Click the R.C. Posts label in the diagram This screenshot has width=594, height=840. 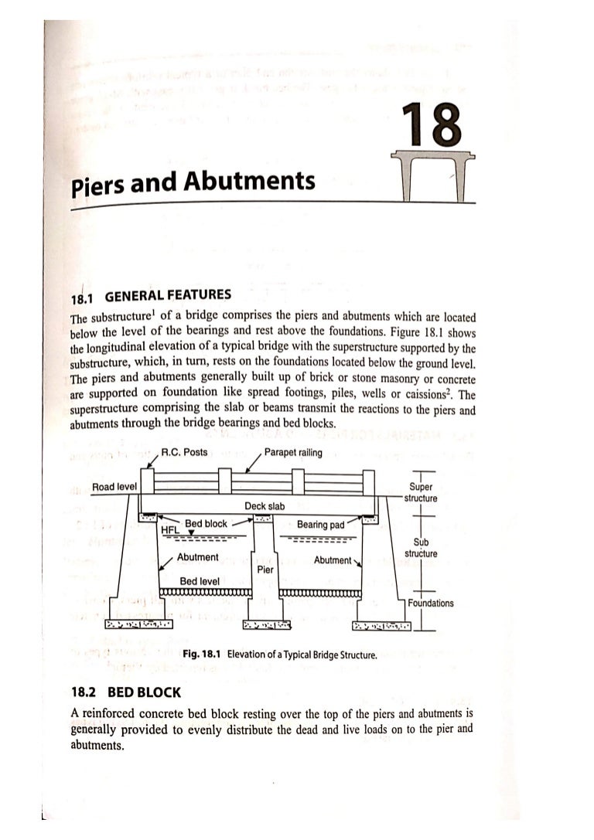pos(184,453)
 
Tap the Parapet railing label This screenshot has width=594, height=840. pos(293,453)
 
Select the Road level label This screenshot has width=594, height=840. pos(114,487)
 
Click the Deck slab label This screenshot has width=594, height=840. pos(265,506)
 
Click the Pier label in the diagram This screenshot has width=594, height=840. pos(264,569)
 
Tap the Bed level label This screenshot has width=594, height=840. pos(200,580)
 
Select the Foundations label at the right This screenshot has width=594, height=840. pos(431,604)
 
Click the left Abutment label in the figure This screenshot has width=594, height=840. pos(197,557)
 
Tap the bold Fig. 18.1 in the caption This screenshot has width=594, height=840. pos(202,655)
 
